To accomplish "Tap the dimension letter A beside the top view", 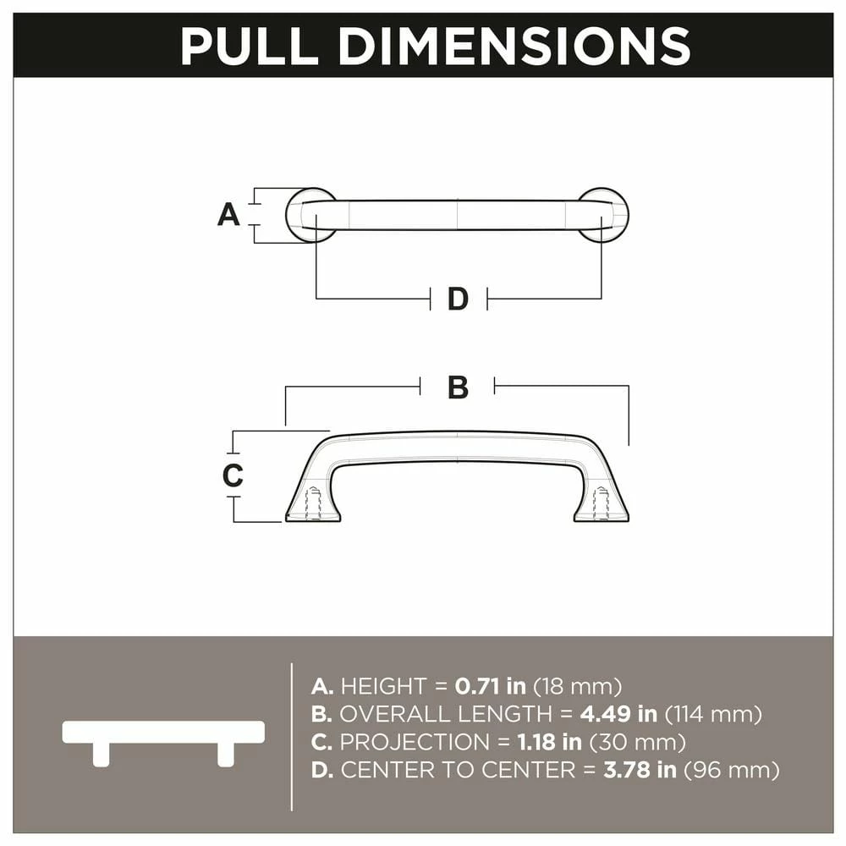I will (228, 215).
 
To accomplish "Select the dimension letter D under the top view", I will (458, 299).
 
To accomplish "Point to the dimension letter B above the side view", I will (458, 387).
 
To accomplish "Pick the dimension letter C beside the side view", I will (233, 475).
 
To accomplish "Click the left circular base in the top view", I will (310, 215).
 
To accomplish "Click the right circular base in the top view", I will (604, 215).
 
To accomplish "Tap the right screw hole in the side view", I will (602, 503).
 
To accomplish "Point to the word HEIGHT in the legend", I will (382, 686).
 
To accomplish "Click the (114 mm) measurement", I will (713, 714).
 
